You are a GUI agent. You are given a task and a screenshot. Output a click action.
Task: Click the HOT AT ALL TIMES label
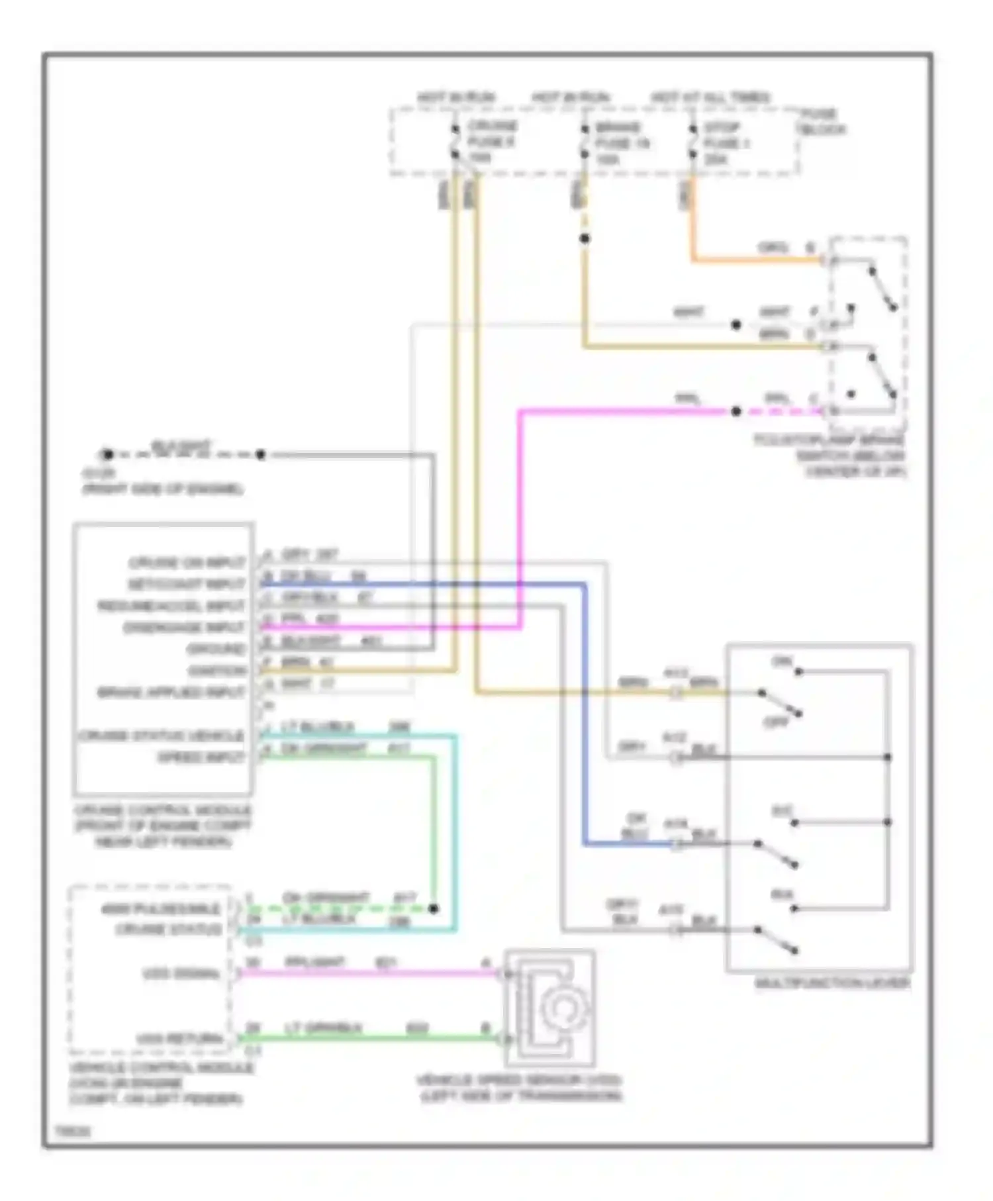[710, 97]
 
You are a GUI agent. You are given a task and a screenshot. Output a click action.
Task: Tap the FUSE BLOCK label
[821, 122]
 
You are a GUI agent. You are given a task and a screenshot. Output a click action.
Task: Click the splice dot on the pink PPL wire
[735, 411]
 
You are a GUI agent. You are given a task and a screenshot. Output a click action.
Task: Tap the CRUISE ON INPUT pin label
[187, 563]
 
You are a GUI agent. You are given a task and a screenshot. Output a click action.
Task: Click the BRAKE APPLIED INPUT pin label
[171, 693]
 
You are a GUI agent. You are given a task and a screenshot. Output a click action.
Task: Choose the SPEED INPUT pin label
[201, 757]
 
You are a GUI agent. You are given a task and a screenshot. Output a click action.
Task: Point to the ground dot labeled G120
[107, 455]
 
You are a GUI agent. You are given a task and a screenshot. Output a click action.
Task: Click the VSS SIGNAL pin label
[181, 974]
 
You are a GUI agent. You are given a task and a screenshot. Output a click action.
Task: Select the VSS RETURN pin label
[179, 1039]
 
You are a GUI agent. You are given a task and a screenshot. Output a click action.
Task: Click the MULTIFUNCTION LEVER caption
[832, 983]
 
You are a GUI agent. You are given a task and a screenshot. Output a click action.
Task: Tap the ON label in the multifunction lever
[782, 661]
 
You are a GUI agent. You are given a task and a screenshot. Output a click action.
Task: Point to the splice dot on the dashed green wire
[433, 908]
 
